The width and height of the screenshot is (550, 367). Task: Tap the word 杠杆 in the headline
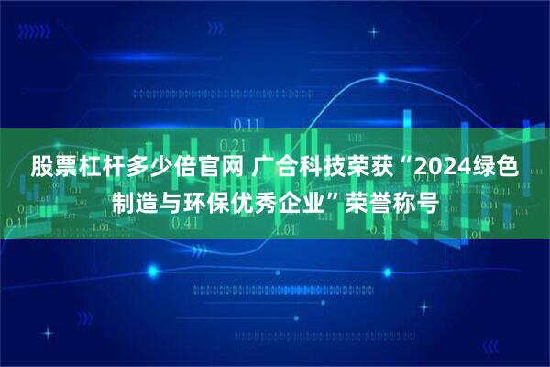point(99,168)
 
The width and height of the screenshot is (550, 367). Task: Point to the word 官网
point(219,168)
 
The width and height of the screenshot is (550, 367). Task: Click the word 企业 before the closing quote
point(309,200)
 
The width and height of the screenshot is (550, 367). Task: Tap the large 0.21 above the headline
point(236,145)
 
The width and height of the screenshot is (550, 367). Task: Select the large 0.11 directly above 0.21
point(246,124)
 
